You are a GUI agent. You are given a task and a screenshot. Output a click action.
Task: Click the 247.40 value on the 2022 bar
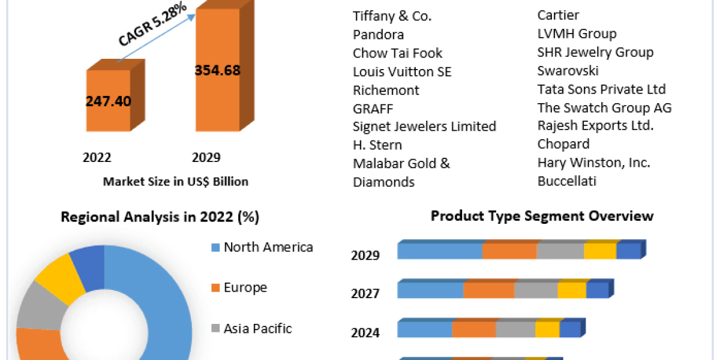pyautogui.click(x=108, y=100)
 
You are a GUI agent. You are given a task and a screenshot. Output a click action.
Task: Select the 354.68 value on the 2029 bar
pyautogui.click(x=217, y=70)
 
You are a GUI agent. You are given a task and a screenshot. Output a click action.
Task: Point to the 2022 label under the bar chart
pyautogui.click(x=97, y=158)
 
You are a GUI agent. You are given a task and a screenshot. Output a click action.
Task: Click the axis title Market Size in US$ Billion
pyautogui.click(x=176, y=181)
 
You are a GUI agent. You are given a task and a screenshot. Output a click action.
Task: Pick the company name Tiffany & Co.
pyautogui.click(x=392, y=16)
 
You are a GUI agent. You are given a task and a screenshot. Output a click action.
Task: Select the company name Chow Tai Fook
pyautogui.click(x=397, y=53)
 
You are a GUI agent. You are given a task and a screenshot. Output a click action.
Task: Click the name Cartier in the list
pyautogui.click(x=559, y=15)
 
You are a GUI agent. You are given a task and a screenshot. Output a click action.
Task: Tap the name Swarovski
pyautogui.click(x=568, y=71)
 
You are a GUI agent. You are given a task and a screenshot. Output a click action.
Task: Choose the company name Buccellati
pyautogui.click(x=566, y=181)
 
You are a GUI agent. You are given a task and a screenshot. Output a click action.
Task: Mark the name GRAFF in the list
pyautogui.click(x=373, y=109)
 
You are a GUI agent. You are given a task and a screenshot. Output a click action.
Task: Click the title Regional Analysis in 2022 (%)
pyautogui.click(x=160, y=217)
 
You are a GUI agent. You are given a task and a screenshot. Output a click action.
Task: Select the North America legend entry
pyautogui.click(x=268, y=247)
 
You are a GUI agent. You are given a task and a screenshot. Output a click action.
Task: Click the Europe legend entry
pyautogui.click(x=245, y=287)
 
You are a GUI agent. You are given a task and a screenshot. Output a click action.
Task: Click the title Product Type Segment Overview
pyautogui.click(x=542, y=216)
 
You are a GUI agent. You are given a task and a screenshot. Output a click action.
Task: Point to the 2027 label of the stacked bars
pyautogui.click(x=365, y=293)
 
